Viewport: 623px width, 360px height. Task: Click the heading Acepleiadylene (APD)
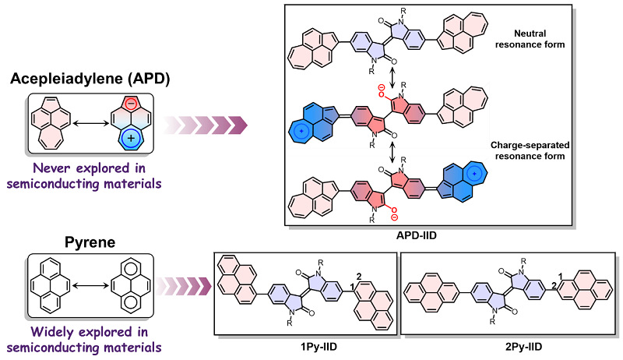(90, 79)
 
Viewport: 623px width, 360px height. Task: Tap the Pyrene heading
(90, 242)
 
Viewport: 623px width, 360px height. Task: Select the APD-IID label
(417, 235)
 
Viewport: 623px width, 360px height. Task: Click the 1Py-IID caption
(319, 347)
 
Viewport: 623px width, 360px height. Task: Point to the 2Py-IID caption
(523, 347)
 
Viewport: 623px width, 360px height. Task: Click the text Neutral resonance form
(530, 39)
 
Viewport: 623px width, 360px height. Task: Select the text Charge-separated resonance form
(530, 150)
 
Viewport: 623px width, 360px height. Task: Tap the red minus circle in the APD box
(131, 104)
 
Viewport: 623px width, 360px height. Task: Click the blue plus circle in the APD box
(131, 139)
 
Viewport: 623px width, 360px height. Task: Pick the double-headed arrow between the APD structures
(91, 124)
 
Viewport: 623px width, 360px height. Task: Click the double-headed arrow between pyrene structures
(91, 286)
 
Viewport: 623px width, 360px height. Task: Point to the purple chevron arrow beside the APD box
(206, 125)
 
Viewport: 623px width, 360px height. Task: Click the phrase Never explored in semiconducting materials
(84, 175)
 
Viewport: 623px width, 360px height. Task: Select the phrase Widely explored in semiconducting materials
(84, 339)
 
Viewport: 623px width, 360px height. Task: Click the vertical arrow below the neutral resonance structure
(392, 78)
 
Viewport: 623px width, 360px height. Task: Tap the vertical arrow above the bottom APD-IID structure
(392, 153)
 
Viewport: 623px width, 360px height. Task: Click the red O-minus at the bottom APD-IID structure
(393, 213)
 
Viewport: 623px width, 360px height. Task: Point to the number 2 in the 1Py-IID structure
(359, 277)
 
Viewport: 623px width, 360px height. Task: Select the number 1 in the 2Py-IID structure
(560, 276)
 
